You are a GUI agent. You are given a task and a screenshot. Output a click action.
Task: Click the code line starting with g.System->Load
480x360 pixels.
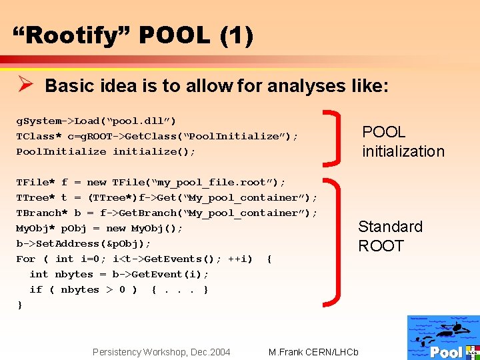tap(96, 121)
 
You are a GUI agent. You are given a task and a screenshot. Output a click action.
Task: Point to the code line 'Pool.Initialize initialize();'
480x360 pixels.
tap(106, 151)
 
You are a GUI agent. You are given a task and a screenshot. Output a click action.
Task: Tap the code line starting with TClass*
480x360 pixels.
tap(157, 136)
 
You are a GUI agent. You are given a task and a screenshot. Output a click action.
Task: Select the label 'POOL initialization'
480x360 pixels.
tap(402, 141)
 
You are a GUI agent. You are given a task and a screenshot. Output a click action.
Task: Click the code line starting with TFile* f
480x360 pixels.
tap(151, 182)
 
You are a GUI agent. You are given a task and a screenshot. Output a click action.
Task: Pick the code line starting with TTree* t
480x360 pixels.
tap(167, 197)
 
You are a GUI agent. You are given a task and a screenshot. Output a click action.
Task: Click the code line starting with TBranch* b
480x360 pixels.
tap(167, 213)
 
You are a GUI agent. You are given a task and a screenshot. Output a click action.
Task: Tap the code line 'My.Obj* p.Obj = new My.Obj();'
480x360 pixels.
tap(99, 228)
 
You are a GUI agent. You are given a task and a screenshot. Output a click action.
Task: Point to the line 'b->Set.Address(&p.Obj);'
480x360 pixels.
tap(83, 243)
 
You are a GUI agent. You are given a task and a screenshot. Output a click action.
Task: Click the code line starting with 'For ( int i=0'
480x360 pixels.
tap(143, 259)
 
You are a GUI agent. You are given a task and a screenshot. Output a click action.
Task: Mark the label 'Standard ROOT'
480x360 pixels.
tap(390, 236)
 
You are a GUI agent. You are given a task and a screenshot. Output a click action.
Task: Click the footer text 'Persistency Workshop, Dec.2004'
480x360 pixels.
tap(161, 352)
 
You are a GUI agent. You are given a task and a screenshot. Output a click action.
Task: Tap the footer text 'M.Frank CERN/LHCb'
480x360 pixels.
tap(313, 352)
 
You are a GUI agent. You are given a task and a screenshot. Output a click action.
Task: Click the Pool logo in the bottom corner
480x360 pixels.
tap(443, 337)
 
